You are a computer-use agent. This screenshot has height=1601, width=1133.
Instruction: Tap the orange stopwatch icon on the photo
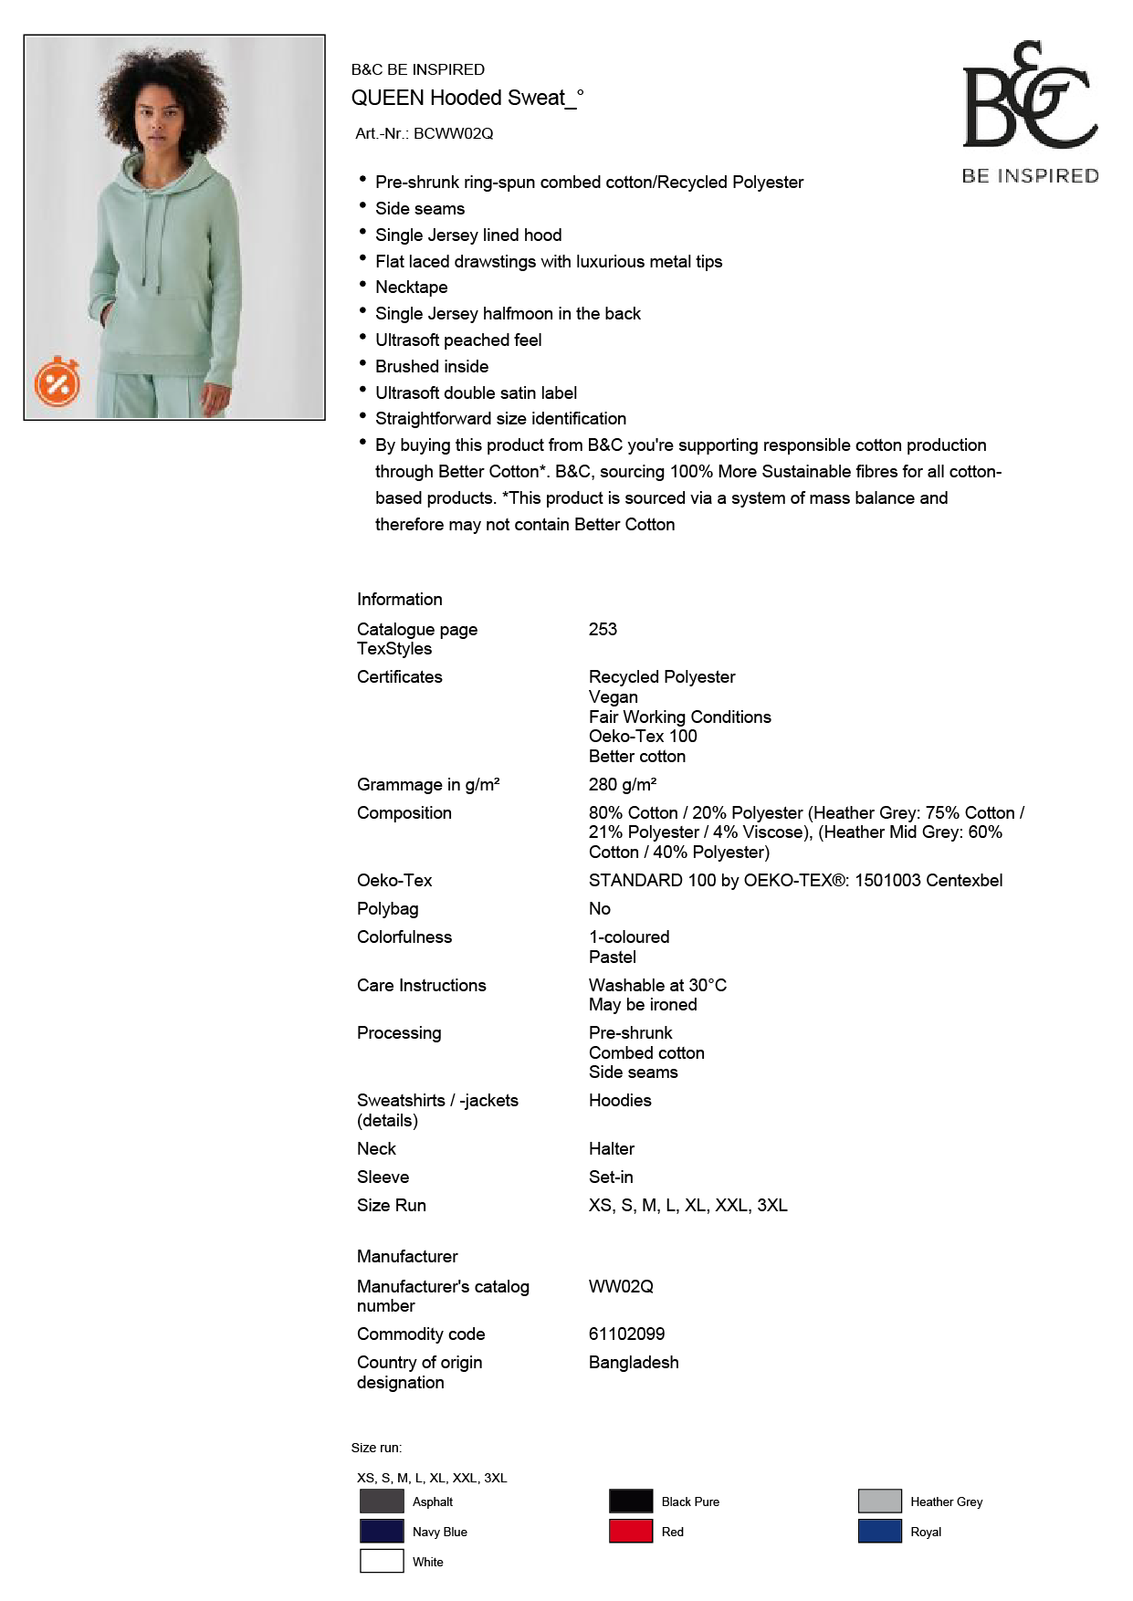[x=58, y=382]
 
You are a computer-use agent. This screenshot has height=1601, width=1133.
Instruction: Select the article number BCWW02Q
[x=453, y=133]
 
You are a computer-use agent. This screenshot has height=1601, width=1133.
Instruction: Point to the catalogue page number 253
[x=603, y=630]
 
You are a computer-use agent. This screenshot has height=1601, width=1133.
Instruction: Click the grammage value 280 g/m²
[x=623, y=785]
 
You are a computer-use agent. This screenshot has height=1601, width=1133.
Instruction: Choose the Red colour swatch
[x=631, y=1532]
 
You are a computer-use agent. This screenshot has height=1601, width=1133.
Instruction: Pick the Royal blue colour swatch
[x=879, y=1532]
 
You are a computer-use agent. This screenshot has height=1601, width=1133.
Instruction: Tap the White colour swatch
[x=382, y=1562]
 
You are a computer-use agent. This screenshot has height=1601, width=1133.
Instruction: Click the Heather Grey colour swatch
[x=879, y=1502]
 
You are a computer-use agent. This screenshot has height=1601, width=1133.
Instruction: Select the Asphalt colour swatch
[x=382, y=1502]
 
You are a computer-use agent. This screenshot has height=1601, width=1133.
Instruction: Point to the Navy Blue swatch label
[x=439, y=1533]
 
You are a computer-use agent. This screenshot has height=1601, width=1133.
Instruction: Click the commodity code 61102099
[x=626, y=1334]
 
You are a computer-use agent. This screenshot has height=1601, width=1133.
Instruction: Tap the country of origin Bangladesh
[x=634, y=1363]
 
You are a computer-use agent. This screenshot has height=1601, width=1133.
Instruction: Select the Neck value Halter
[x=612, y=1149]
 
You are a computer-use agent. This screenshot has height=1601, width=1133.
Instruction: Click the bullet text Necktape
[x=411, y=288]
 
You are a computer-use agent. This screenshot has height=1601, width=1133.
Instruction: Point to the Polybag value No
[x=600, y=909]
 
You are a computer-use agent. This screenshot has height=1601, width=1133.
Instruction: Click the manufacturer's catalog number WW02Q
[x=621, y=1287]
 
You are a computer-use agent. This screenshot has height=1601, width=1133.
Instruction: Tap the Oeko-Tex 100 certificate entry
[x=643, y=737]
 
